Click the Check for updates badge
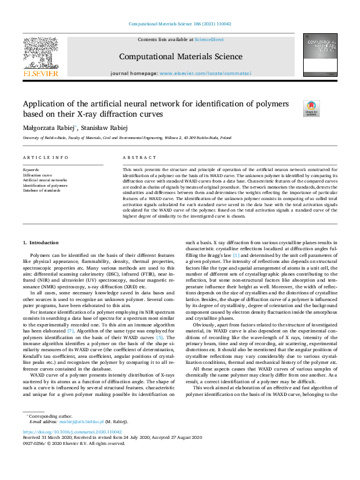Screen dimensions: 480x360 311,108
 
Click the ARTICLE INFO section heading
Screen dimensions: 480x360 45,157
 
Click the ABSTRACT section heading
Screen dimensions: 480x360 137,157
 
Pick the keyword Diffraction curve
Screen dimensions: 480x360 37,175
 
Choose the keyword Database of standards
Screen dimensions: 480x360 42,190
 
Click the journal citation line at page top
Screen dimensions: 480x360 180,24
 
